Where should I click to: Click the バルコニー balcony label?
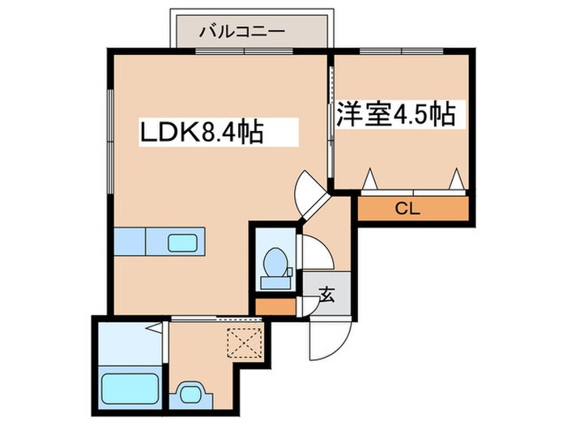click(242, 32)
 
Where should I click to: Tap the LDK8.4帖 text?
click(203, 131)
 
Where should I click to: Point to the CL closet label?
click(407, 209)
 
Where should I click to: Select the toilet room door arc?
click(315, 251)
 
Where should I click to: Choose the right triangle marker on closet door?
click(457, 178)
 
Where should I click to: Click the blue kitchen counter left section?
click(129, 241)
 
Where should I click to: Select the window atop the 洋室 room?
click(401, 53)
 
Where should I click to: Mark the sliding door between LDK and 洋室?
click(332, 121)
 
